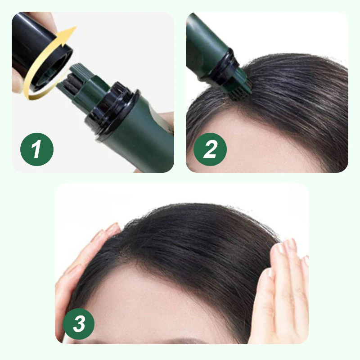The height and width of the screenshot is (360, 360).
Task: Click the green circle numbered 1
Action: point(37,149)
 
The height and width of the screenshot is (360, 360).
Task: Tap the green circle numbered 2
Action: point(210,149)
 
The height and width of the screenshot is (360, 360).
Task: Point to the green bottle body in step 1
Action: point(144,139)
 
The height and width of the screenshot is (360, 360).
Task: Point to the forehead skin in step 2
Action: point(252,144)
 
